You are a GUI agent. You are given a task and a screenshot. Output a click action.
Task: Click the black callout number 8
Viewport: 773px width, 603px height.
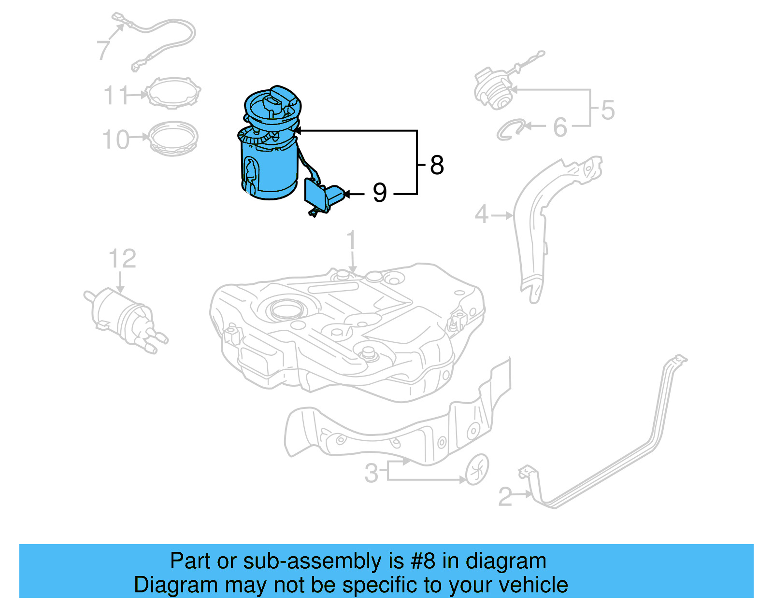(x=436, y=165)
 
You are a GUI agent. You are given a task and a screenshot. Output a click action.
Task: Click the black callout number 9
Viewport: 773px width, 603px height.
(x=380, y=193)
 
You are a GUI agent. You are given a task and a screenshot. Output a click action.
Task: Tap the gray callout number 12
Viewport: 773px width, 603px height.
(x=122, y=259)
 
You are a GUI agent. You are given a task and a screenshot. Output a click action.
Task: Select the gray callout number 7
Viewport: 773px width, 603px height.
(x=103, y=50)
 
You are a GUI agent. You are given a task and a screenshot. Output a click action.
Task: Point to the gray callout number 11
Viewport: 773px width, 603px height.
(x=116, y=95)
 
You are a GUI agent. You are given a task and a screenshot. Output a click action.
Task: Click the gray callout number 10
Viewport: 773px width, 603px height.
(x=116, y=140)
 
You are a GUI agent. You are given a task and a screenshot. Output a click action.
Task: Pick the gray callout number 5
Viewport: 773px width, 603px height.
(x=608, y=110)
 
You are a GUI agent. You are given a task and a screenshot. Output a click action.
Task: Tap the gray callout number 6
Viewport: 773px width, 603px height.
(x=560, y=127)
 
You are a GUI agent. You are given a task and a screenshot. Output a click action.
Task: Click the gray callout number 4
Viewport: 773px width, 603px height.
(x=482, y=214)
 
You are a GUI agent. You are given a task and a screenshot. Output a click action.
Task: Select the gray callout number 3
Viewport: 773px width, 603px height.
(x=371, y=473)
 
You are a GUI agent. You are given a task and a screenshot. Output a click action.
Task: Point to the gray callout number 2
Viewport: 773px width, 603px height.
(x=505, y=496)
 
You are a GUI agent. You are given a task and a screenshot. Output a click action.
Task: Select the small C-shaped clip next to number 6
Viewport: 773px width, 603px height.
(x=510, y=130)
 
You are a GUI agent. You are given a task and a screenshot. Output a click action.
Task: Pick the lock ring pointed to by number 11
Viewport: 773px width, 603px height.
(x=173, y=93)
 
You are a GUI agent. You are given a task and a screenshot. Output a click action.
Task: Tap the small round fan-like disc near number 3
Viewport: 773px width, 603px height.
(x=477, y=469)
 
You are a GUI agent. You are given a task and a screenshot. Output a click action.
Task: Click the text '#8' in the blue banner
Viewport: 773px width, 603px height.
(x=423, y=561)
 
